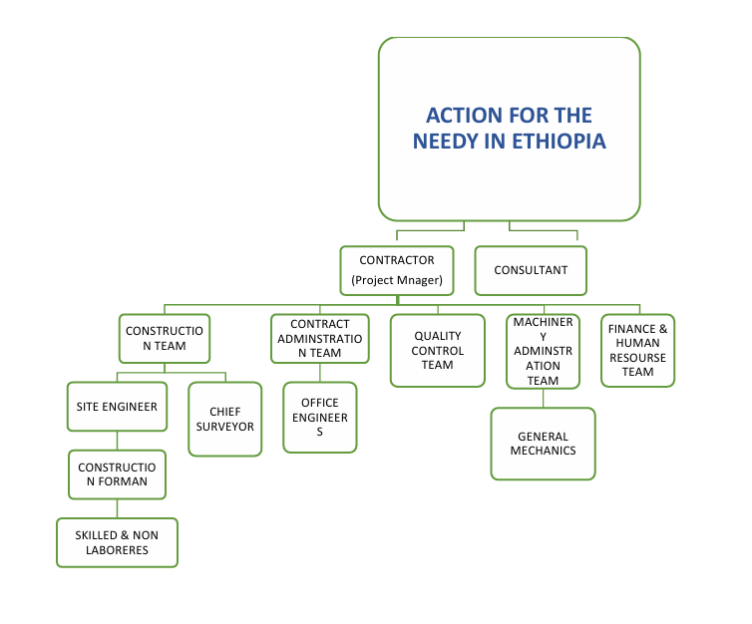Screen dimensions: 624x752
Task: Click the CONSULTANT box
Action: point(530,270)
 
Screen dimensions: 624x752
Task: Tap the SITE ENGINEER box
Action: point(117,407)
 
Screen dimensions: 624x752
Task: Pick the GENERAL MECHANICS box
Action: point(543,444)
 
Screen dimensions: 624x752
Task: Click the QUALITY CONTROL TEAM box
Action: point(437,351)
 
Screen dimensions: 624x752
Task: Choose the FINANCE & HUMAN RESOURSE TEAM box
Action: point(637,351)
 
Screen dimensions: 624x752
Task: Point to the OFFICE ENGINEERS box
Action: point(319,418)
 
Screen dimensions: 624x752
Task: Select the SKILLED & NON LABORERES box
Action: point(117,542)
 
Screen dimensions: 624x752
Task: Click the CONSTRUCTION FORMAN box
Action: point(117,474)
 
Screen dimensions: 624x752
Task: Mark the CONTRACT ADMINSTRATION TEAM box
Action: point(319,339)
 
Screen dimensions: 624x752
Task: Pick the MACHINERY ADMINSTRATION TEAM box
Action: point(543,352)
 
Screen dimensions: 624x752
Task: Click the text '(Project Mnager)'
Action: point(396,279)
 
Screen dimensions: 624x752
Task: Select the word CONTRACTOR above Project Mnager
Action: point(396,260)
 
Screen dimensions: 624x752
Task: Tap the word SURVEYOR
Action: point(231,427)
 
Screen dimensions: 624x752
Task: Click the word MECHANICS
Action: point(543,451)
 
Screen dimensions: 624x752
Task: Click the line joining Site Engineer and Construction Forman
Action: point(117,440)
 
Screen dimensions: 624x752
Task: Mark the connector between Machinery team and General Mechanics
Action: point(543,398)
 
